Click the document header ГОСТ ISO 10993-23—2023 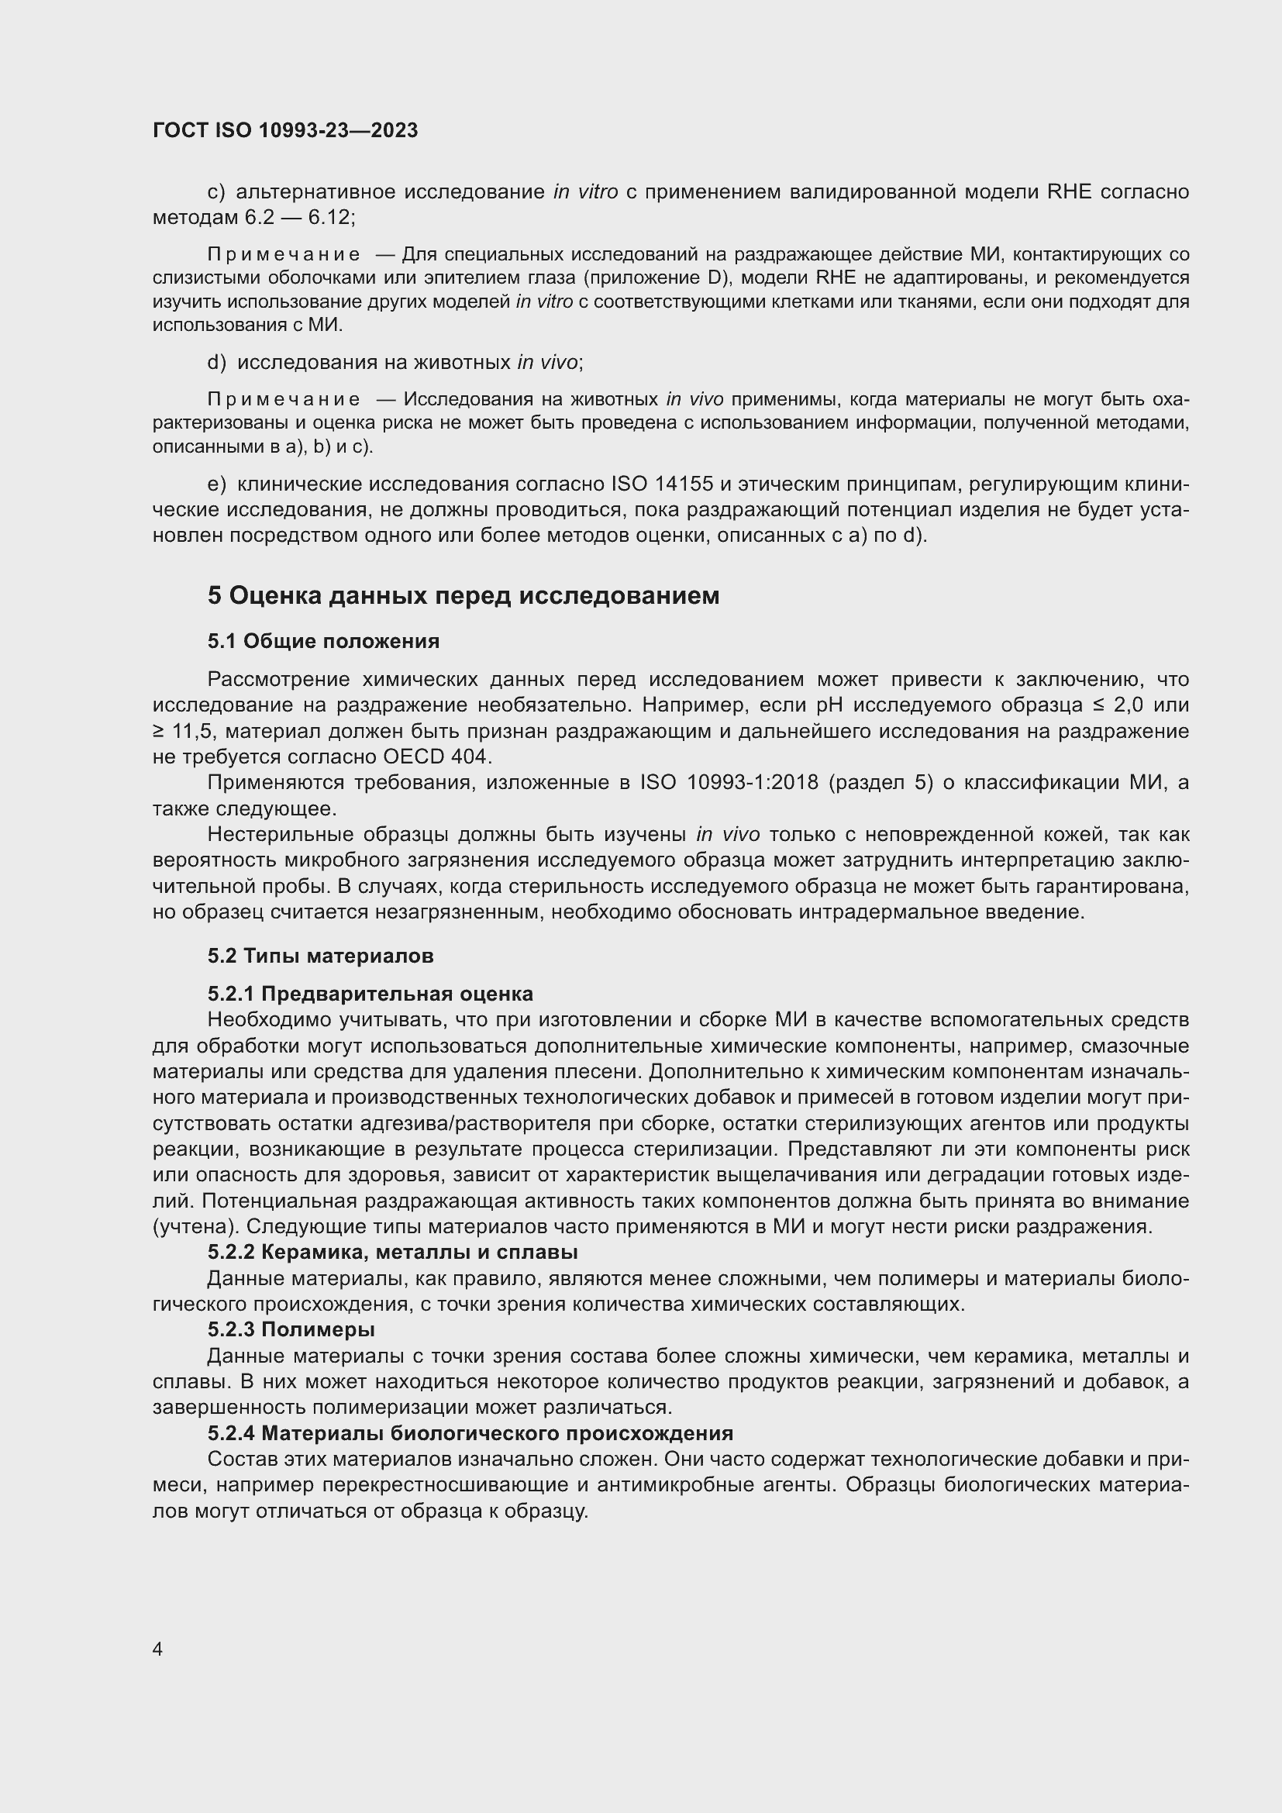click(x=285, y=130)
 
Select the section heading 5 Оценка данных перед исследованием click(x=464, y=595)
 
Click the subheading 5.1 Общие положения click(x=324, y=641)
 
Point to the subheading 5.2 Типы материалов click(x=321, y=956)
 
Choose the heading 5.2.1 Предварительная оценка click(x=370, y=994)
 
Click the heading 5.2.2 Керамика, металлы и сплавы click(x=392, y=1253)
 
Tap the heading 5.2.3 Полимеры click(x=291, y=1330)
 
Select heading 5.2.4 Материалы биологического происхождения click(x=470, y=1433)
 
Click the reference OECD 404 click(x=436, y=757)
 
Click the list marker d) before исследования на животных click(x=216, y=363)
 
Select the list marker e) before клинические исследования click(x=216, y=484)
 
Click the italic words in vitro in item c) click(x=585, y=192)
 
